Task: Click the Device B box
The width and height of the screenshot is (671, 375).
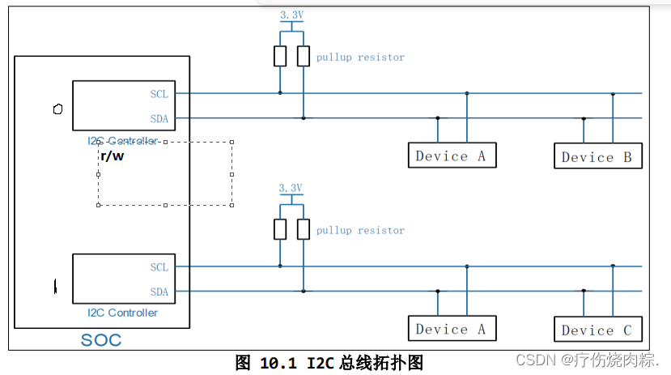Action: coord(597,156)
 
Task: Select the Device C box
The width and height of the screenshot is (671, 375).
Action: coord(597,330)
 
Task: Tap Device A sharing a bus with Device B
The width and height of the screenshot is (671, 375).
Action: coord(451,156)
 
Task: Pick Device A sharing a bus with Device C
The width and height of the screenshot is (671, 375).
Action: coord(451,329)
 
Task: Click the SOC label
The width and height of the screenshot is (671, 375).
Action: coord(101,340)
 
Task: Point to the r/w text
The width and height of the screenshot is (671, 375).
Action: coord(112,156)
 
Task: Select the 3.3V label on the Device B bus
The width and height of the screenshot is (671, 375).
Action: coord(291,15)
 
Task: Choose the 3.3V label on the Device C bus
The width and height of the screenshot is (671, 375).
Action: coord(291,188)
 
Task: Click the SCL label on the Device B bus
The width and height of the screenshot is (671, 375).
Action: coord(159,94)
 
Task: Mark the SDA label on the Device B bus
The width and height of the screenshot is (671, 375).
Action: coord(159,118)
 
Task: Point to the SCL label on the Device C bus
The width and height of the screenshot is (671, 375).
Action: coord(159,267)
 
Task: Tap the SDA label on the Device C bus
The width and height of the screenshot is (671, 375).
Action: coord(159,292)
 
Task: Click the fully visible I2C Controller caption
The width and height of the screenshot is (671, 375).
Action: coord(123,313)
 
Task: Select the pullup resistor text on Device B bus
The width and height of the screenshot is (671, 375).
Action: coord(360,58)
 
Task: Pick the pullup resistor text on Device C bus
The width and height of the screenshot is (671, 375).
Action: coord(360,231)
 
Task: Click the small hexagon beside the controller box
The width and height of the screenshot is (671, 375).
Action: coord(57,109)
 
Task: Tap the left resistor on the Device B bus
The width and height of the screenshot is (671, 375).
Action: coord(280,56)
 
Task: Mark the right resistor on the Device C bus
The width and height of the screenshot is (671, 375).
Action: coord(304,229)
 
